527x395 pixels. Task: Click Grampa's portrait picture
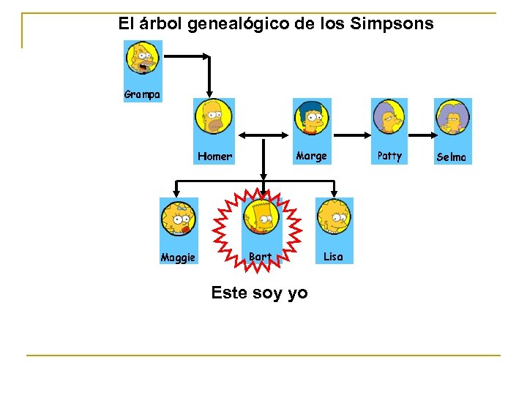tap(142, 58)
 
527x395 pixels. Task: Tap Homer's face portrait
tap(214, 117)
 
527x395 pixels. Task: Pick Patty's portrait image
tap(389, 117)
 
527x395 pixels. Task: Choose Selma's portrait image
tap(452, 117)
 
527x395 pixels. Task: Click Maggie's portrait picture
tap(179, 218)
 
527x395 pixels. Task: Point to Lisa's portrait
tap(334, 217)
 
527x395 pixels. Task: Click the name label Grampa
tap(142, 95)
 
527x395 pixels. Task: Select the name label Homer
tap(214, 157)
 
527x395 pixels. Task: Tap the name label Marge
tap(311, 156)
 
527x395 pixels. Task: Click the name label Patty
tap(389, 156)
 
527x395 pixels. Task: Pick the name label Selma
tap(451, 157)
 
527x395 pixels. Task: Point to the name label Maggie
tap(178, 257)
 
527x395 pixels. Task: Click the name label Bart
tap(260, 257)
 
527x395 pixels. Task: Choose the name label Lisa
tap(333, 257)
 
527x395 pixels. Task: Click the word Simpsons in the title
tap(392, 24)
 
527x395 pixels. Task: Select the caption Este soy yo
tap(259, 293)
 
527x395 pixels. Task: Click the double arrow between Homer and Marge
tap(263, 134)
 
